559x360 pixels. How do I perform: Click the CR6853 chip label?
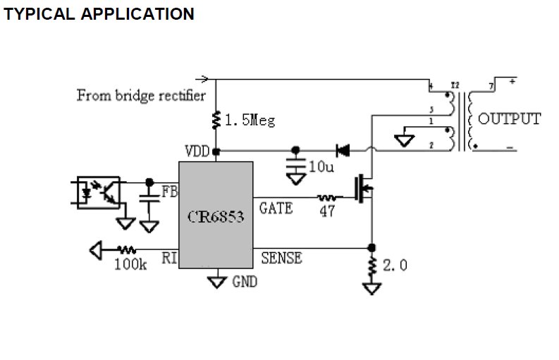[216, 217]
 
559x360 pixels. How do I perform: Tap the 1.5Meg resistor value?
[250, 120]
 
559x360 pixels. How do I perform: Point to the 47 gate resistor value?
[327, 211]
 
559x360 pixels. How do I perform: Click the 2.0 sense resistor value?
[395, 266]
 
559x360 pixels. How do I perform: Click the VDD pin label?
[197, 151]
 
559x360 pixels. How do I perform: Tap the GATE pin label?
[276, 208]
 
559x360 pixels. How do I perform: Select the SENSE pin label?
[281, 259]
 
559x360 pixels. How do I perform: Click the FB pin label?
[169, 191]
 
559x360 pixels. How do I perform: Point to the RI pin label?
[169, 259]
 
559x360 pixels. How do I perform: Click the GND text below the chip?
[244, 283]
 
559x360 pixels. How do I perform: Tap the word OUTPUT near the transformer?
[510, 118]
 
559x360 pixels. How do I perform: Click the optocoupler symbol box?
[96, 192]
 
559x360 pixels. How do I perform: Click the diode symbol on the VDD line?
[343, 150]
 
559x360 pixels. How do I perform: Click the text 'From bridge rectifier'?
[141, 95]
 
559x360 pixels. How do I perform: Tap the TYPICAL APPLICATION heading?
[99, 14]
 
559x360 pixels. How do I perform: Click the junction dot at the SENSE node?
[371, 248]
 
